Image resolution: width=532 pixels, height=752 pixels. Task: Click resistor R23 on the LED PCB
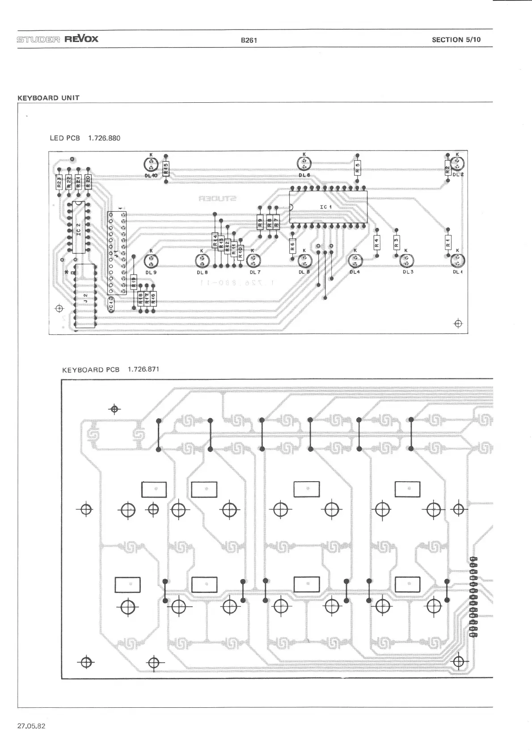click(59, 182)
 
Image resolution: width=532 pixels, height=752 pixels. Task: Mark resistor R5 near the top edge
click(357, 169)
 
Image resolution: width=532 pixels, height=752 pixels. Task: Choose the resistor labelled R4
click(377, 243)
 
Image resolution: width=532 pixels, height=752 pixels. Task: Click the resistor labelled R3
click(396, 243)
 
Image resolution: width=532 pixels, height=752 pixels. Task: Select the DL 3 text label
click(408, 272)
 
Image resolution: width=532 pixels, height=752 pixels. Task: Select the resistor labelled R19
click(134, 282)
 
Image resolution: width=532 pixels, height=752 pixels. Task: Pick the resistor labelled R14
click(215, 241)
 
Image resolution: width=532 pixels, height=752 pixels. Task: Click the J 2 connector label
click(85, 296)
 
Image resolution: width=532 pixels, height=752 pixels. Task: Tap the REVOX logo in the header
click(81, 38)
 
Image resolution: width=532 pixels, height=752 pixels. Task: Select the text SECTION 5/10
click(456, 39)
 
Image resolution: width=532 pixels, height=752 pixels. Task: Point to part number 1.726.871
click(143, 369)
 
